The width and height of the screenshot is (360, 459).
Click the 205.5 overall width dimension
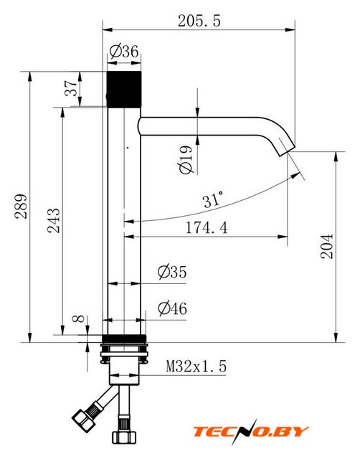tap(199, 21)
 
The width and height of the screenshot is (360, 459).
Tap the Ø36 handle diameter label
tap(124, 52)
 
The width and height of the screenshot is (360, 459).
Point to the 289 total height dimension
tap(21, 206)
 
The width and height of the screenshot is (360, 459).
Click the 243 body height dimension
tap(54, 220)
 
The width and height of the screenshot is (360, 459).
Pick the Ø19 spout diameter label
tap(186, 160)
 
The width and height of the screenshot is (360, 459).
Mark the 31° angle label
tap(213, 200)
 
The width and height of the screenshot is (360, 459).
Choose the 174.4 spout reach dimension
tap(207, 227)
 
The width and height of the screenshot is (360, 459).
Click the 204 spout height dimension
tap(327, 246)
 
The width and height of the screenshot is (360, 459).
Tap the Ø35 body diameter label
tap(172, 272)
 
